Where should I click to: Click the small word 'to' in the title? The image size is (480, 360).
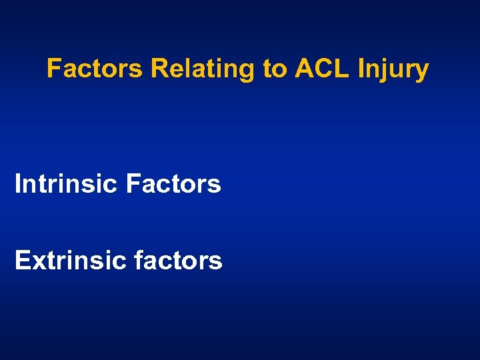click(x=274, y=69)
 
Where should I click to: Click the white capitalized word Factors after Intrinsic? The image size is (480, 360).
click(x=173, y=184)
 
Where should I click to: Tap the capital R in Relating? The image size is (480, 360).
click(x=159, y=68)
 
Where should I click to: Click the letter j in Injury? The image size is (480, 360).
click(x=382, y=70)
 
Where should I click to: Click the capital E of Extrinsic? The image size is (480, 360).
click(x=21, y=261)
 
